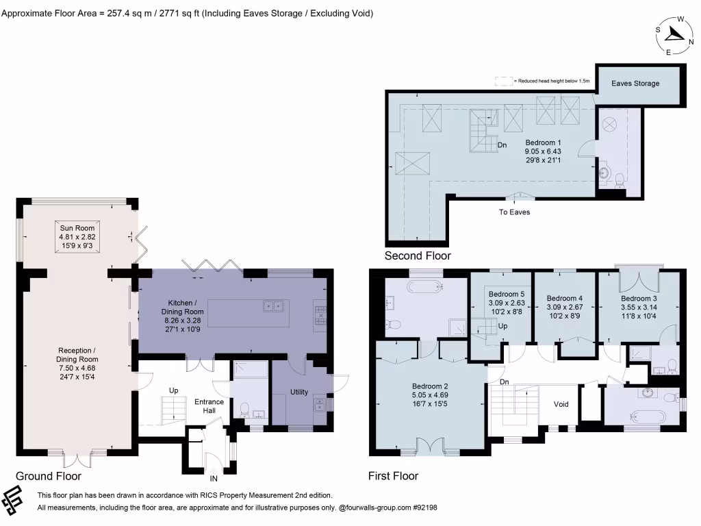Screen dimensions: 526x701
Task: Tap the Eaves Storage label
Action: pos(635,84)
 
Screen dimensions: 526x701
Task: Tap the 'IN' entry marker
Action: pos(214,479)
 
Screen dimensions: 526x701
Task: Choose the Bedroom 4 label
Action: pos(564,299)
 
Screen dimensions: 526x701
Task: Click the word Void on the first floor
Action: pos(561,404)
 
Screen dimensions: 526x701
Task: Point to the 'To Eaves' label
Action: pos(514,212)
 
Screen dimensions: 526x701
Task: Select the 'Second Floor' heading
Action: pos(418,255)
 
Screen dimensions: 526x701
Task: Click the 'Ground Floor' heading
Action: pos(49,476)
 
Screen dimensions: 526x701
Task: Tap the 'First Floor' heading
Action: pos(393,476)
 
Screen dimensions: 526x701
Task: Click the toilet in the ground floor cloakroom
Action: pos(244,408)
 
